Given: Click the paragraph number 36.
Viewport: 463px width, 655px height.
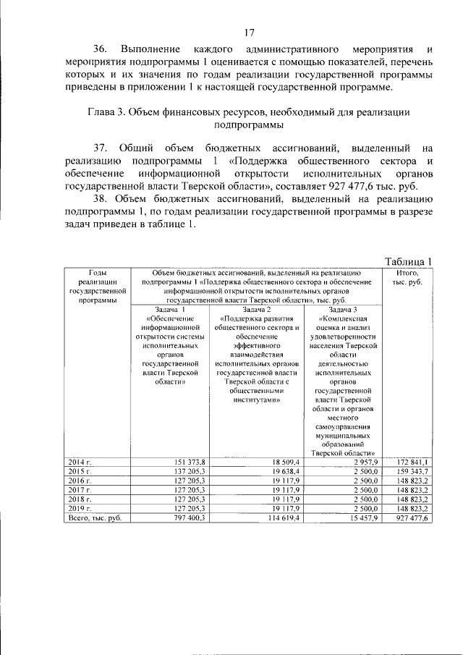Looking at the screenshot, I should [100, 49].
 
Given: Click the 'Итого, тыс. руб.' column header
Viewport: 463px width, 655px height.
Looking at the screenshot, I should [407, 276].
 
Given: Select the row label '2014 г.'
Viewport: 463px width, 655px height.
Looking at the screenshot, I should [79, 461].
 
